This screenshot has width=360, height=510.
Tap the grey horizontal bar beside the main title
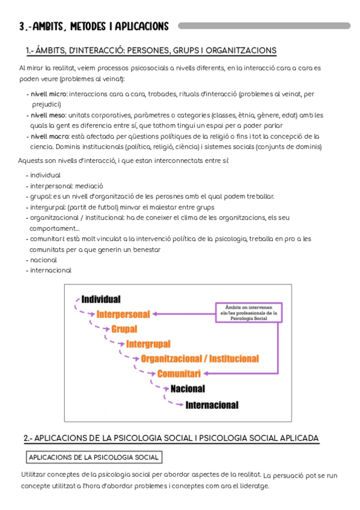click(x=264, y=26)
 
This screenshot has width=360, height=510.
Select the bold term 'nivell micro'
click(x=49, y=94)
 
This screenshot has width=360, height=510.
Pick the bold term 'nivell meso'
click(x=49, y=115)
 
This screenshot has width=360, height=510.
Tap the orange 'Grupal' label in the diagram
click(x=124, y=329)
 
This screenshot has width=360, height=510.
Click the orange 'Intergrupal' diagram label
click(x=148, y=344)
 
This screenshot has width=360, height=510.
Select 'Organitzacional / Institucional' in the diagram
click(x=200, y=358)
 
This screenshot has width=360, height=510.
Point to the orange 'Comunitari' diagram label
click(x=178, y=373)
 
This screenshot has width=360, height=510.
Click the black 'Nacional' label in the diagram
click(x=188, y=389)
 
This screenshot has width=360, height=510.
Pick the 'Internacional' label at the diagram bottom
click(x=212, y=404)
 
